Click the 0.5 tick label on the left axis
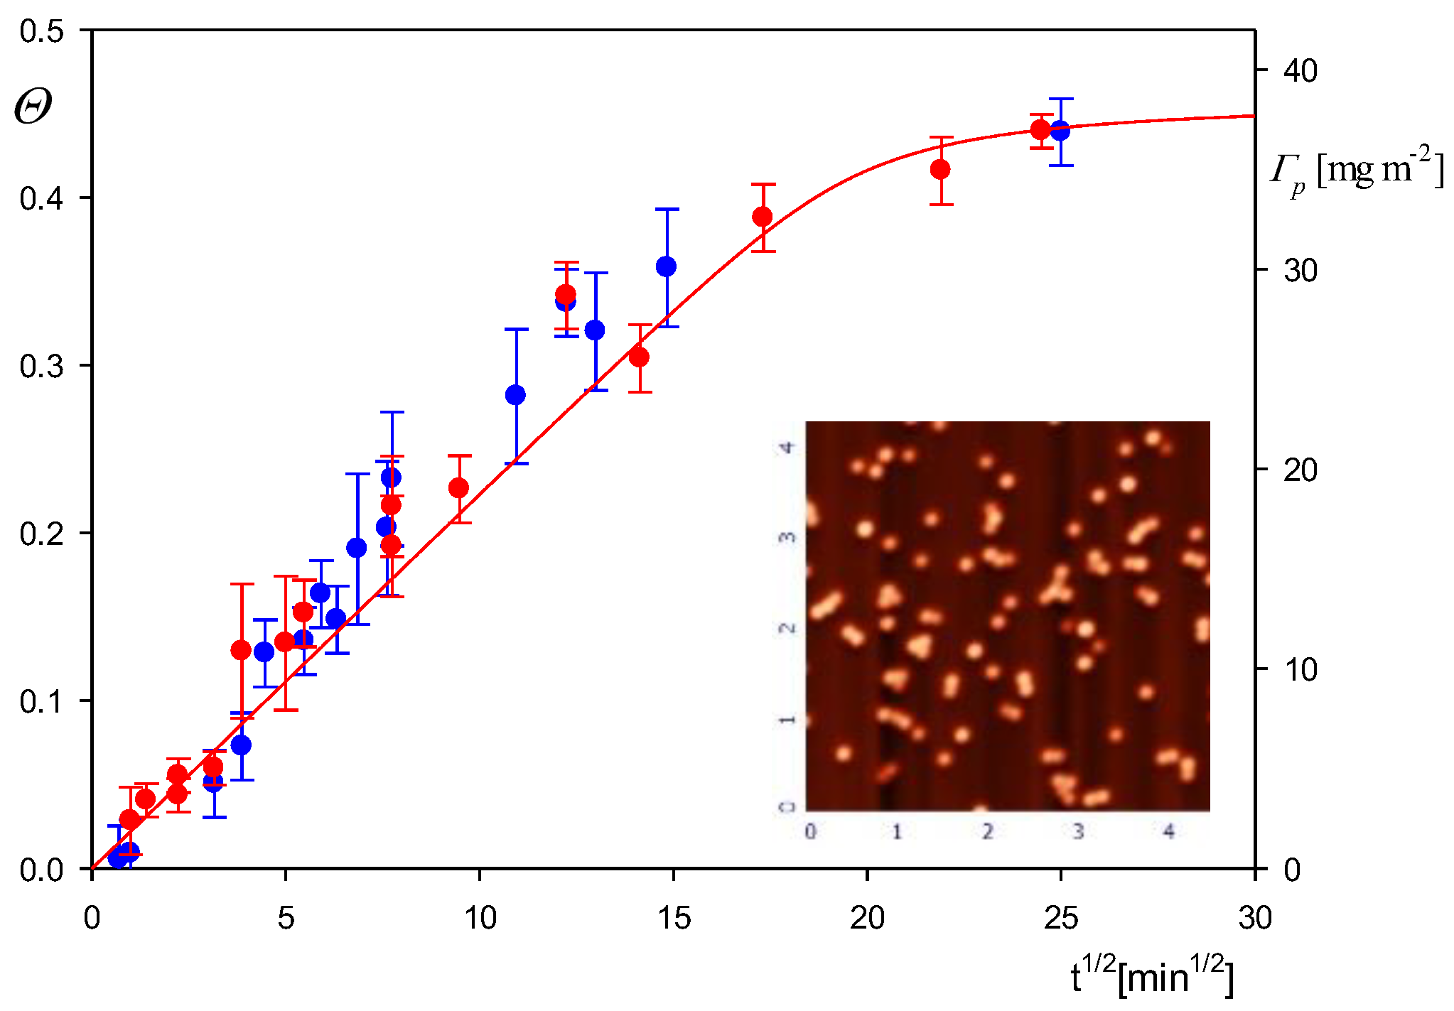(42, 31)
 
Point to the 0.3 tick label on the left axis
(42, 367)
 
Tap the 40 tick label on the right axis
(1300, 71)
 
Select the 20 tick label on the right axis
(1300, 470)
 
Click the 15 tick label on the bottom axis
(674, 919)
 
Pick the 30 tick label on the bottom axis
(1254, 919)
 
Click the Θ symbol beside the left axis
(33, 108)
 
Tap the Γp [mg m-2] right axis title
(1357, 172)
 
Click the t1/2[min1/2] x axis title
(1151, 977)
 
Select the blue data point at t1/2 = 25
(1060, 131)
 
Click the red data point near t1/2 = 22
(940, 170)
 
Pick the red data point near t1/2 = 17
(763, 217)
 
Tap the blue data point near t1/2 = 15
(666, 267)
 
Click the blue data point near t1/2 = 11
(515, 395)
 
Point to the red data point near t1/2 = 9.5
(459, 488)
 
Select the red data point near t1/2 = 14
(639, 357)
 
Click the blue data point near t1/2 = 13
(595, 330)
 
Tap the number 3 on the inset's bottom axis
(1077, 831)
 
